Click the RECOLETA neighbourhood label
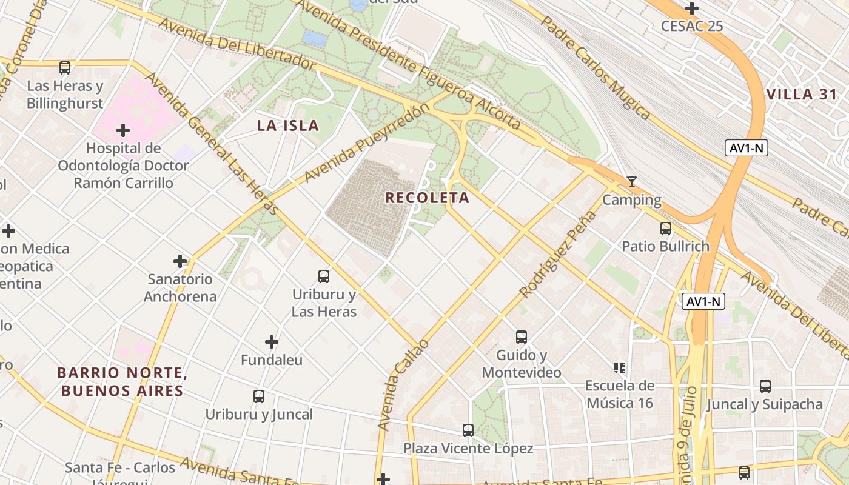[x=428, y=198]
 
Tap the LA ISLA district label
[x=287, y=125]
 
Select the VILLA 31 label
[x=801, y=94]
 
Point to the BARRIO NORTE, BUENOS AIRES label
[x=121, y=381]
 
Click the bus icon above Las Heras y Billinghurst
[x=65, y=67]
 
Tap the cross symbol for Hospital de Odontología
[x=123, y=130]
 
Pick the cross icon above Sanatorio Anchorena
[x=180, y=261]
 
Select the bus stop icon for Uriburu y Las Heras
[x=324, y=276]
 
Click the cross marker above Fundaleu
[x=272, y=342]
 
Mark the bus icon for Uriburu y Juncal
[x=259, y=396]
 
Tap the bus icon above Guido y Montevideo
[x=522, y=337]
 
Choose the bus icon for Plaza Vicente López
[x=468, y=430]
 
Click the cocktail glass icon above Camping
[x=632, y=181]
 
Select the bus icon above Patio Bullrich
[x=666, y=229]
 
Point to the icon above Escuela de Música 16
[x=619, y=367]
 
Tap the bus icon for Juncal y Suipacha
[x=765, y=386]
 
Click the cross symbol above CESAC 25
[x=692, y=8]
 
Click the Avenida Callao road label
[x=403, y=386]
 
